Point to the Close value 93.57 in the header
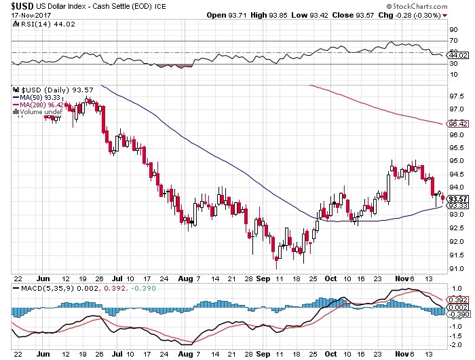pos(381,15)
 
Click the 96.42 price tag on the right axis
pos(457,124)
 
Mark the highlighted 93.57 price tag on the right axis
pos(457,199)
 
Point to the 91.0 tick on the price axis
pos(455,269)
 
